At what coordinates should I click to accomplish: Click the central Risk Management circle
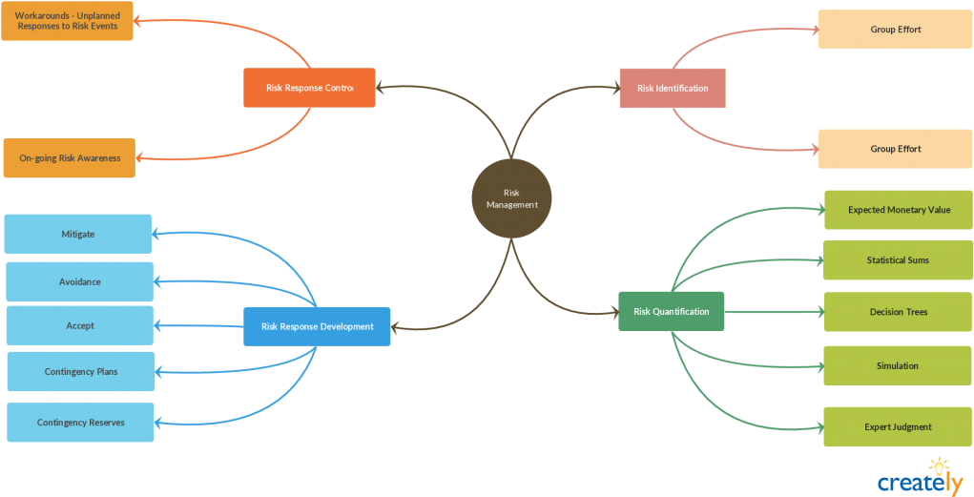512,198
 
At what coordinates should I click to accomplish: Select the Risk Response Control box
309,88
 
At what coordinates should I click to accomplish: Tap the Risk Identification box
673,88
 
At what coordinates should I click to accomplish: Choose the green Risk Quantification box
672,312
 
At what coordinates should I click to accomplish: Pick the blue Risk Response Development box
317,326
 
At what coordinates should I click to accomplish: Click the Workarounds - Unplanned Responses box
67,21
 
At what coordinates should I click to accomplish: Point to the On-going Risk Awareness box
70,158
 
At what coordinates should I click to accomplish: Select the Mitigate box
78,234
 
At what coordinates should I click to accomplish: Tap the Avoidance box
79,282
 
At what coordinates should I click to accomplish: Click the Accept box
80,325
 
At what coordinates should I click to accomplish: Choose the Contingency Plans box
81,371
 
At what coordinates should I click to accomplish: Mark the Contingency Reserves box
81,423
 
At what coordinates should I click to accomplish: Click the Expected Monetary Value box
899,210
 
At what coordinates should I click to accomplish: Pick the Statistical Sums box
898,260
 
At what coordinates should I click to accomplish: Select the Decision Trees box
899,312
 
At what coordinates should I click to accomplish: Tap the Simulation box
898,366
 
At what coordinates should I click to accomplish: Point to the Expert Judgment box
898,427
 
